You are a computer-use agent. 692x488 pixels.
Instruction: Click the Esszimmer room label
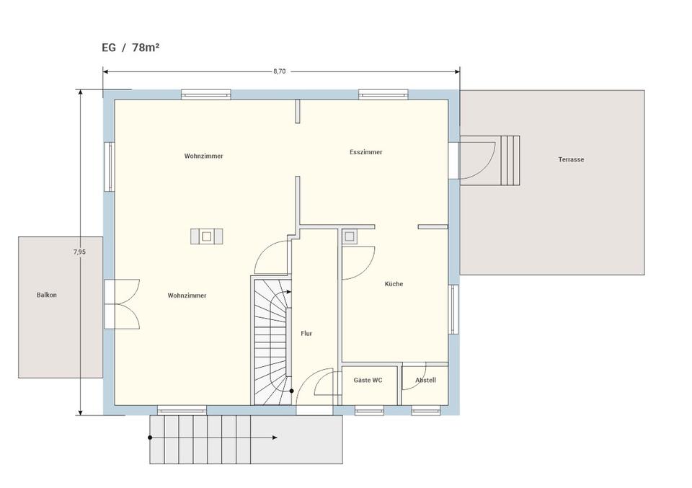coord(366,152)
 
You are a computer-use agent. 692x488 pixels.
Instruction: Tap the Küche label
coord(394,284)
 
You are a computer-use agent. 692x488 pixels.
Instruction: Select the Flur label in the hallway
coord(306,333)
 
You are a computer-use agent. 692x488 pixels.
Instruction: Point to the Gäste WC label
coord(368,380)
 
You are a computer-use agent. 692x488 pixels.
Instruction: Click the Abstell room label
coord(425,380)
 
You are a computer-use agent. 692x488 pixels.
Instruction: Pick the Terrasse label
coord(571,159)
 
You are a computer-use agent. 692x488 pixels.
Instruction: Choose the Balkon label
coord(46,295)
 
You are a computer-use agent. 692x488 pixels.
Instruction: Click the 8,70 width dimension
coord(280,71)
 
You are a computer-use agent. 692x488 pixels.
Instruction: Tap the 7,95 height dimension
coord(79,252)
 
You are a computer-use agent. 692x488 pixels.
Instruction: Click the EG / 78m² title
coord(130,47)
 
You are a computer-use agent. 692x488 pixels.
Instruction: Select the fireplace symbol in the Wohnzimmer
coord(207,236)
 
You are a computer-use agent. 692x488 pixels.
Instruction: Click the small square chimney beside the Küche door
coord(350,236)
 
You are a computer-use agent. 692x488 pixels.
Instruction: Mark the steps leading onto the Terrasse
coord(510,161)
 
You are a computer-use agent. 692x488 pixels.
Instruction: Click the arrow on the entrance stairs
coord(213,438)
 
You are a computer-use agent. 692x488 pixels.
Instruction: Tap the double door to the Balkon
coord(123,304)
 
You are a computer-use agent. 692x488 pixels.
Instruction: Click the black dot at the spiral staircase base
coord(291,391)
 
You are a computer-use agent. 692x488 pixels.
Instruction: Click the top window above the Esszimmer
coord(383,94)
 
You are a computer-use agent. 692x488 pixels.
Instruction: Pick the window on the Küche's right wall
coord(453,309)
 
